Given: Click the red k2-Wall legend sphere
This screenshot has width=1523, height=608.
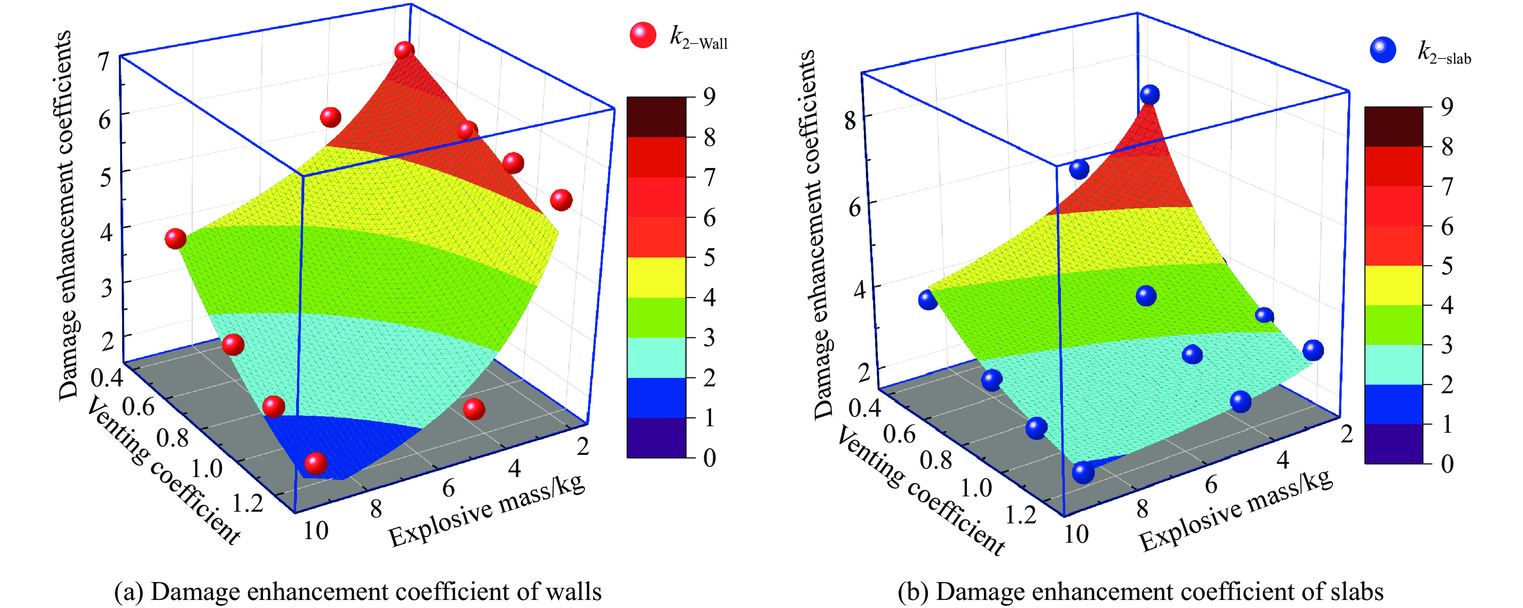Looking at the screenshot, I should (643, 35).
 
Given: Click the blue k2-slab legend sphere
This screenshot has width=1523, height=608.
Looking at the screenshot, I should (1383, 50).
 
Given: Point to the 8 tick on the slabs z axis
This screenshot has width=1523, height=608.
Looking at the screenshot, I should (850, 121).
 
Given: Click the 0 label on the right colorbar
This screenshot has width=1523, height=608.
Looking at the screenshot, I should (1447, 464).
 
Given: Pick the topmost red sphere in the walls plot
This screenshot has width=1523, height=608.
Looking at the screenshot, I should (405, 50).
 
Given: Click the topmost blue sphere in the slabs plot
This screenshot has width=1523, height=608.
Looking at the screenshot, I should (1150, 94).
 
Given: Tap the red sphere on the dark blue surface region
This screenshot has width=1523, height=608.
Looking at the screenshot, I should (316, 463).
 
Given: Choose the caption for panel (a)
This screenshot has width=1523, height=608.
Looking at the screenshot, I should (358, 591).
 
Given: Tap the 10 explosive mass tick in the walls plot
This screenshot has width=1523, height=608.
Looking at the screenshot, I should (316, 531).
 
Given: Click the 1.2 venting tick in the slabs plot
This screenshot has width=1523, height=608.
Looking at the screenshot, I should (1021, 515).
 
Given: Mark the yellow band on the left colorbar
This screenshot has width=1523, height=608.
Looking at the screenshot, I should (656, 277).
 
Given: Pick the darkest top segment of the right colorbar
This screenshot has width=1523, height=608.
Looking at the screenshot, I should (1394, 127).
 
